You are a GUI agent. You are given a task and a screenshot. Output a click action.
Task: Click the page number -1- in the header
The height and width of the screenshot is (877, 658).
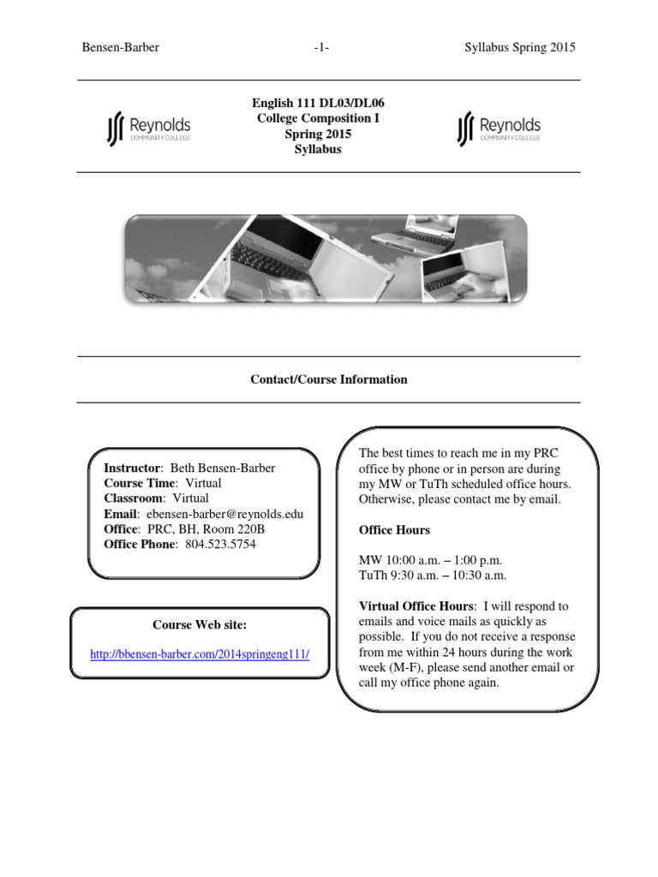321,47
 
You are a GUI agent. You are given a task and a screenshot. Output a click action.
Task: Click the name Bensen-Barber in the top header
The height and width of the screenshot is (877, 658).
120,47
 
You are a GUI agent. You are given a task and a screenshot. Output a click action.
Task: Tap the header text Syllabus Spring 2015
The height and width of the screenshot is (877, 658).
514,47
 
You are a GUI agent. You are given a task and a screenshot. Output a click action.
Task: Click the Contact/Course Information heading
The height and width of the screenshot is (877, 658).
328,379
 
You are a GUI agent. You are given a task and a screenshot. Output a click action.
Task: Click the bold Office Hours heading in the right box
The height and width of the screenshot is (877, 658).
394,530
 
